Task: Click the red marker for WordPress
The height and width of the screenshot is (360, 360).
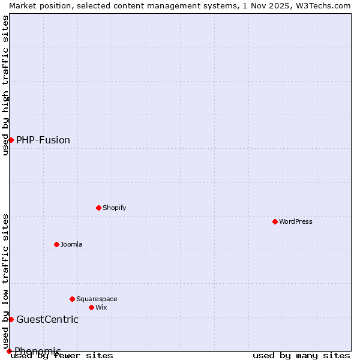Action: (275, 221)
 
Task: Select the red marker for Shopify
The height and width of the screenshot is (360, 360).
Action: (98, 208)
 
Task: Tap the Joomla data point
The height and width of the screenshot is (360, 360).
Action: (56, 244)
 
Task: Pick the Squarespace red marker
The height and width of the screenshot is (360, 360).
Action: (72, 299)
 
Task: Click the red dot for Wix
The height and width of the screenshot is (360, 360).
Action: (91, 307)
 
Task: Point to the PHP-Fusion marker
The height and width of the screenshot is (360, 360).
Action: (11, 140)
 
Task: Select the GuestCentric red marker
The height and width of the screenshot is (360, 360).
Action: (11, 319)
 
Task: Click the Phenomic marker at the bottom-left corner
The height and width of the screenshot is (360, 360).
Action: (9, 351)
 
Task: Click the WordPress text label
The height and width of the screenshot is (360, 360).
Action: (296, 221)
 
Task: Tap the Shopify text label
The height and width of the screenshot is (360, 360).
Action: (114, 208)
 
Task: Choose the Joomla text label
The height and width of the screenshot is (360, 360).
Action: (71, 244)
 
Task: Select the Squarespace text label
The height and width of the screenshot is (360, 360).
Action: (97, 299)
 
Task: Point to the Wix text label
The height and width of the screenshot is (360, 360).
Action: (101, 307)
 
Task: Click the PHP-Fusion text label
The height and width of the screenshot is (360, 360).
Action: (43, 140)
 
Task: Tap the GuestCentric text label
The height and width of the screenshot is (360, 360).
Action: (47, 319)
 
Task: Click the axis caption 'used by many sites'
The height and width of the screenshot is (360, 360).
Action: (301, 356)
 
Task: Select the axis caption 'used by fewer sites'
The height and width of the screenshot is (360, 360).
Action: (62, 356)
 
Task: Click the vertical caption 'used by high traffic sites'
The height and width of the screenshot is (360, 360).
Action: (5, 85)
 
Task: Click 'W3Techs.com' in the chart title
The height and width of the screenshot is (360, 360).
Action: (326, 5)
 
